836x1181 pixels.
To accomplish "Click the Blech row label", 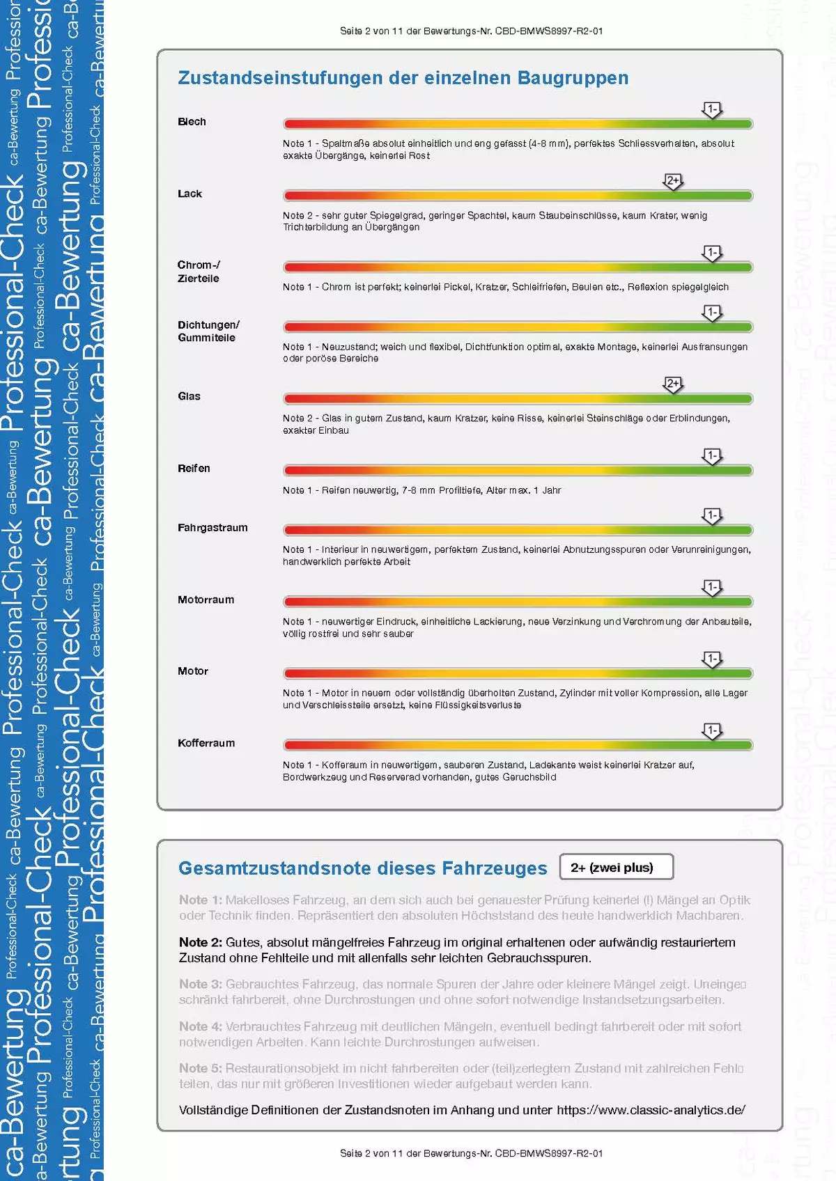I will (192, 122).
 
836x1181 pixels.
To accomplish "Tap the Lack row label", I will (189, 194).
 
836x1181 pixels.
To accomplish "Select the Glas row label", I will (189, 396).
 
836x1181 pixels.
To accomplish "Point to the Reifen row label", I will (194, 469).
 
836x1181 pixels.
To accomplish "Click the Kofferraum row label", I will (206, 743).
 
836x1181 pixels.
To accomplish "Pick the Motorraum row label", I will (206, 600).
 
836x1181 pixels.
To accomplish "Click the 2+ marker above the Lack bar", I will (673, 181).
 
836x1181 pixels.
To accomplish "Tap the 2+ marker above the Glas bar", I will (673, 384).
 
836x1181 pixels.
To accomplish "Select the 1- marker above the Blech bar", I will (711, 109).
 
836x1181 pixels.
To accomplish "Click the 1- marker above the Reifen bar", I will (711, 456).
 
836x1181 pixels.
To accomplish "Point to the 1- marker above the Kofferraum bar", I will (711, 730).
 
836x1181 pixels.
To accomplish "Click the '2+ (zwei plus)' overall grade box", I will (616, 868).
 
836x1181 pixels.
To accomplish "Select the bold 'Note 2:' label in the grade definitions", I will (200, 942).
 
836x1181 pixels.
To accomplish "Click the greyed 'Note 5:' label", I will (200, 1068).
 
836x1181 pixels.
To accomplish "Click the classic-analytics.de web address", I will (651, 1110).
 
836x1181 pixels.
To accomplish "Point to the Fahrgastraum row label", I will (212, 528).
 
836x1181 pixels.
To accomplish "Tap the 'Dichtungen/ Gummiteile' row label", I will (208, 331).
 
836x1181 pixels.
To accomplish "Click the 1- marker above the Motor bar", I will (711, 659).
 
